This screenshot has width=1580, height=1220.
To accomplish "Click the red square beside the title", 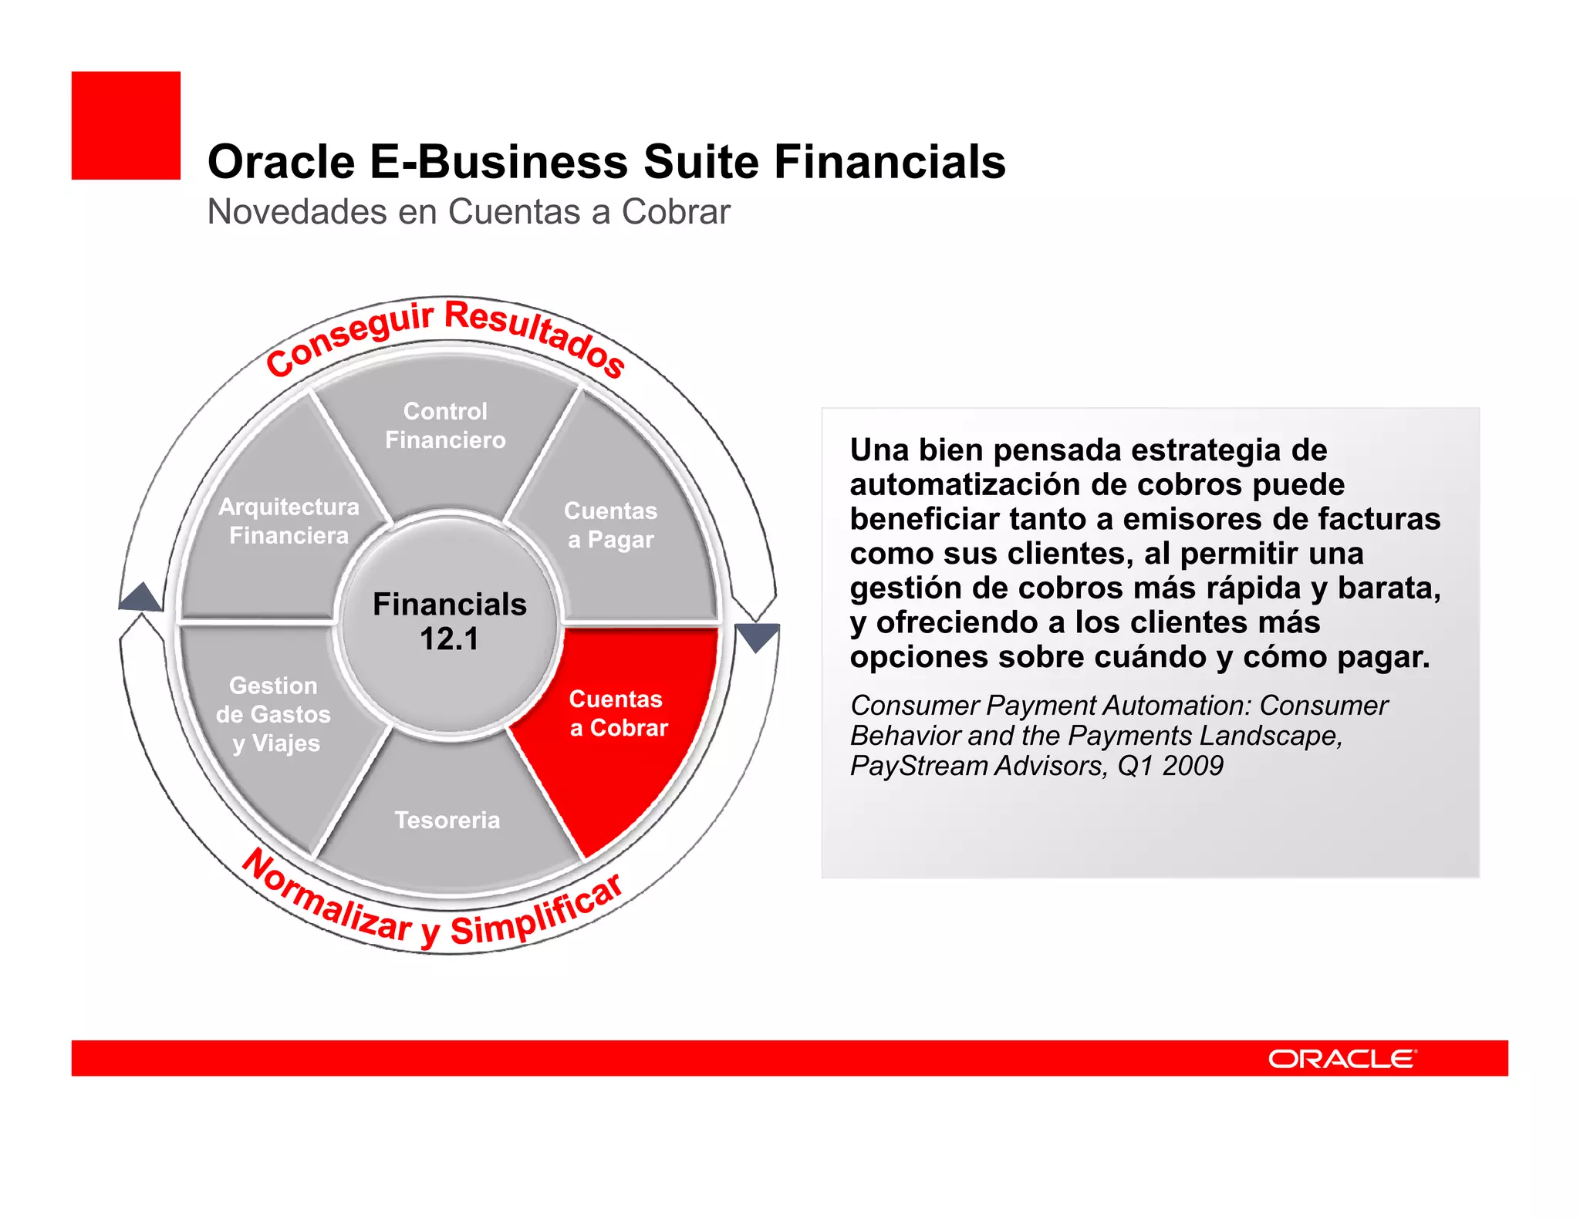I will tap(126, 126).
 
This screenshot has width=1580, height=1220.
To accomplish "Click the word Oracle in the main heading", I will tap(281, 162).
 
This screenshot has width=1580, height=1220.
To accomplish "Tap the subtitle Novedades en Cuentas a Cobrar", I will tap(468, 211).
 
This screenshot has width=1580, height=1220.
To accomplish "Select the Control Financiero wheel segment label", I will tap(445, 426).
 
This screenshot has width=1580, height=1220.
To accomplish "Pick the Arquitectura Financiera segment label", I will tap(289, 521).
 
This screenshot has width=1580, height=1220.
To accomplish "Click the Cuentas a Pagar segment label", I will tap(610, 525).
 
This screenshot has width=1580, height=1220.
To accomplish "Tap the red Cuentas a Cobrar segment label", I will tap(618, 713).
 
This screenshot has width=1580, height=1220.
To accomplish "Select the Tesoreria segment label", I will tap(447, 820).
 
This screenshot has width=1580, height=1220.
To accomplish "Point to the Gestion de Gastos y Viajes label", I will tap(274, 714).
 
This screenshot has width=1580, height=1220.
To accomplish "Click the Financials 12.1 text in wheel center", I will tap(449, 622).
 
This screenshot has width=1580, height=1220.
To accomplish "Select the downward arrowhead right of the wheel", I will tap(758, 637).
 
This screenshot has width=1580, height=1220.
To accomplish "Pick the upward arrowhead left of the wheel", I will tap(141, 597).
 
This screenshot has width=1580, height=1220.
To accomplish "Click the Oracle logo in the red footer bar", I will tap(1342, 1059).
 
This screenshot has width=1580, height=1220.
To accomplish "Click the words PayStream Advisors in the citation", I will tap(977, 766).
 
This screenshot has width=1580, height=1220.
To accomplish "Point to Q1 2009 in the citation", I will tap(1170, 766).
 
